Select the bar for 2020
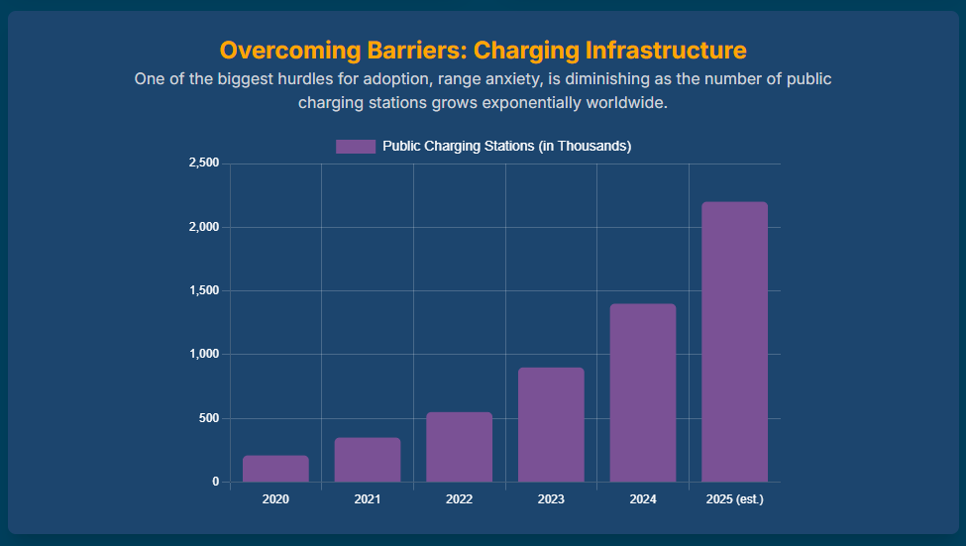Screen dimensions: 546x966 275,469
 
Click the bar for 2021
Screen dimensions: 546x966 368,460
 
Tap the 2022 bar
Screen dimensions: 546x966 459,447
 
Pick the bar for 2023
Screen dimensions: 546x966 551,425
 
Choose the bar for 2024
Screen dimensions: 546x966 642,392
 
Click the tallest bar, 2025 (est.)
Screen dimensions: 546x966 734,342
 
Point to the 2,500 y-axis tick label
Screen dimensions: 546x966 203,164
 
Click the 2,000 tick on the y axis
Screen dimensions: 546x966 203,227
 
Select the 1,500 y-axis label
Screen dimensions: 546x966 203,290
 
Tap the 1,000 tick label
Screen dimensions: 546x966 203,354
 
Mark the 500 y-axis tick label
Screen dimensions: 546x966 208,418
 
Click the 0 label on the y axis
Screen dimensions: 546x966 215,482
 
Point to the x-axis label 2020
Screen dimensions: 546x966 275,499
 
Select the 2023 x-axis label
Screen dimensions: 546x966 551,499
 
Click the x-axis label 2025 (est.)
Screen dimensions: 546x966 734,499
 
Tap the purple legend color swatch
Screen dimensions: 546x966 356,147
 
